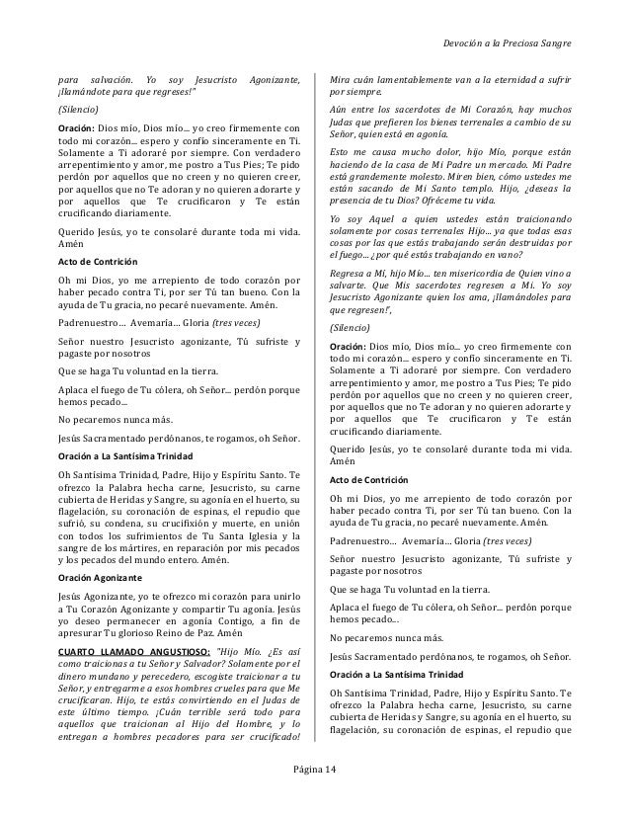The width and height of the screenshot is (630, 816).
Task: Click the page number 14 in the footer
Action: (328, 770)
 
